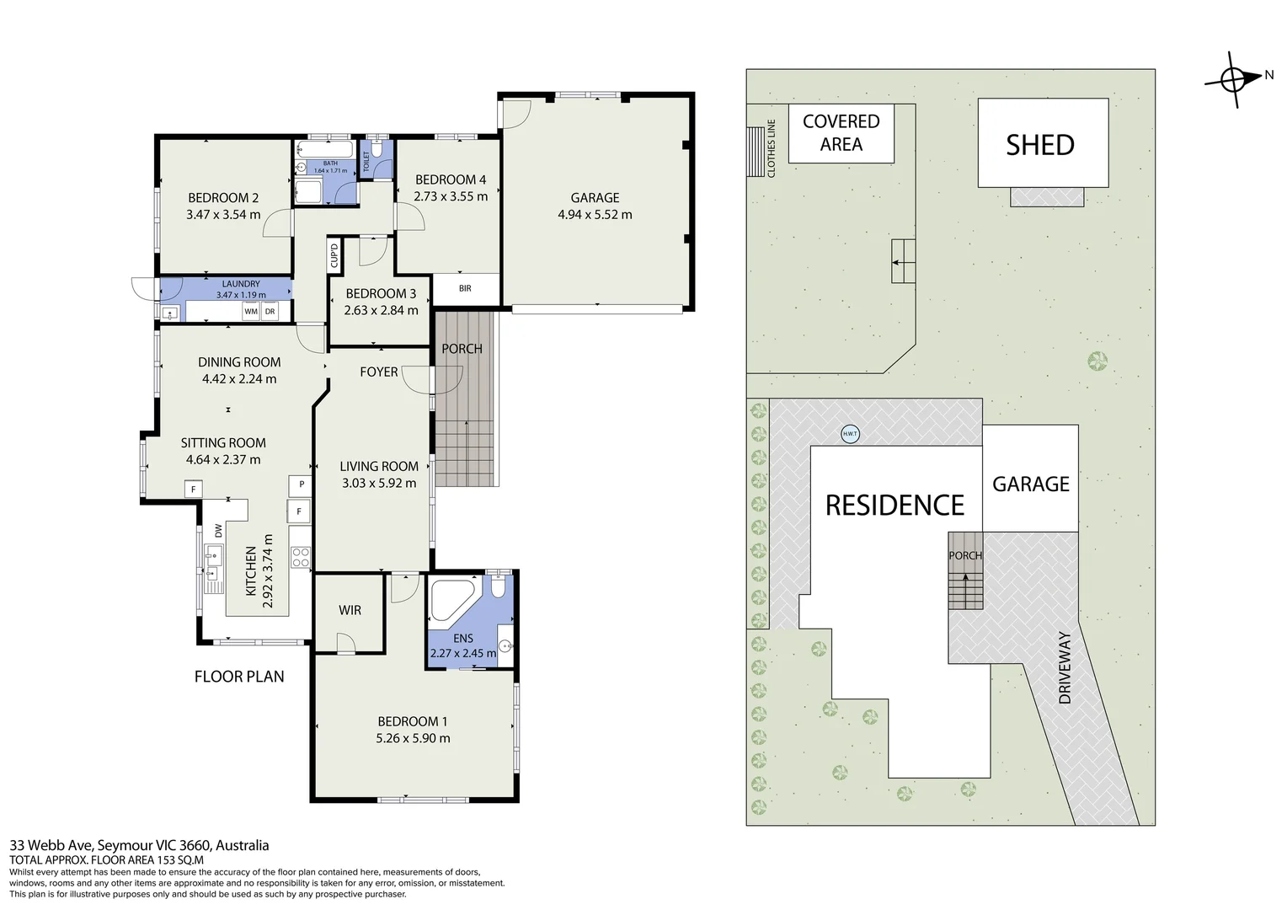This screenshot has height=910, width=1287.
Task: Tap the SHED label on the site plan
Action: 1040,145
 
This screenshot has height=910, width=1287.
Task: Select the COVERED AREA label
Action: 841,132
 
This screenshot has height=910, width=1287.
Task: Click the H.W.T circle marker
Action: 850,435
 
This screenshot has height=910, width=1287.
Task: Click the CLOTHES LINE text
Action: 771,148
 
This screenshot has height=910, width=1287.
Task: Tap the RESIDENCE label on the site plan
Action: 894,505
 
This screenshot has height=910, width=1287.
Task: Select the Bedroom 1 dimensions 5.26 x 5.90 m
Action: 413,738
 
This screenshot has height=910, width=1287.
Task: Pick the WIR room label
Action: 350,609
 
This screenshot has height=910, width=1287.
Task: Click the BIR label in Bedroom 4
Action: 465,288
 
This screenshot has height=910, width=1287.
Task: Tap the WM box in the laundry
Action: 250,312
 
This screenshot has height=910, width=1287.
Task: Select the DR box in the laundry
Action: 270,312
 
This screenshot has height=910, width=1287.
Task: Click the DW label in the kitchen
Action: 217,531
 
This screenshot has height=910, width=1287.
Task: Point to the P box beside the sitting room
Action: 301,484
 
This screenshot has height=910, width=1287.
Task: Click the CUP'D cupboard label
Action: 334,254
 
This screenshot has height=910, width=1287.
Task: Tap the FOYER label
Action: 378,372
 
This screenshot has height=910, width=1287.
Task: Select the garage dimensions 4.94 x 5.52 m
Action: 595,215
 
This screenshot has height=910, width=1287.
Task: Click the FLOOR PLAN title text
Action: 239,676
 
